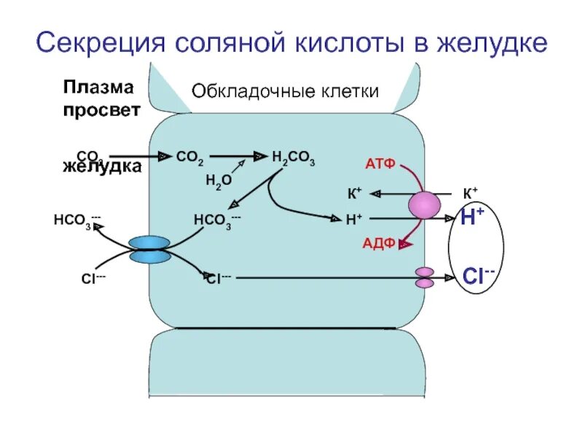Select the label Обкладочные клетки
point(285,91)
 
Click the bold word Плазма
point(98,88)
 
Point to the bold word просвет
point(101,110)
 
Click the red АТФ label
point(380,164)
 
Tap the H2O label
point(218,180)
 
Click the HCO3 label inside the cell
point(216,220)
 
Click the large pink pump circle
point(424,206)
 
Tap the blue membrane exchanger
point(149,250)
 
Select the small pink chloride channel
point(425,277)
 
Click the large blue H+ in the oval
point(472,216)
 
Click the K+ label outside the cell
point(470,193)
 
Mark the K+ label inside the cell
point(354,193)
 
